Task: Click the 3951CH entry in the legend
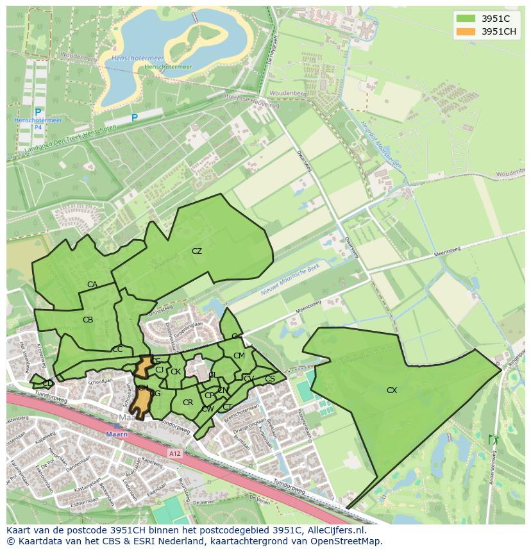(x=499, y=31)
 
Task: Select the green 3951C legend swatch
(x=466, y=19)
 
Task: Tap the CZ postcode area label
(x=197, y=251)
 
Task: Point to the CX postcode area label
(x=392, y=390)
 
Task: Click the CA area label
(x=92, y=285)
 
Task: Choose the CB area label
(x=88, y=319)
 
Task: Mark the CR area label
(x=188, y=403)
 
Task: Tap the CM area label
(x=239, y=356)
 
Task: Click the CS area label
(x=270, y=379)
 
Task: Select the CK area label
(x=175, y=371)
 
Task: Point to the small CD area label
(x=47, y=383)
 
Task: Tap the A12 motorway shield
(x=174, y=453)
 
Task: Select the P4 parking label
(x=38, y=128)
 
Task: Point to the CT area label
(x=227, y=407)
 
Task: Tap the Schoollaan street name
(x=101, y=381)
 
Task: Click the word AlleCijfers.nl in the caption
(x=336, y=530)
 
